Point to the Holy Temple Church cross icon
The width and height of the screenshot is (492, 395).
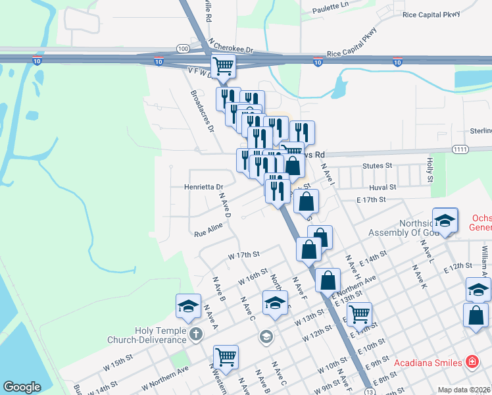click(x=195, y=334)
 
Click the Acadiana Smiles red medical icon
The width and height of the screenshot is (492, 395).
click(x=471, y=361)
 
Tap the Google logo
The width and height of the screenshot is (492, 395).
click(x=22, y=388)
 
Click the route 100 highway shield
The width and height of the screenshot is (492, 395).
click(x=183, y=49)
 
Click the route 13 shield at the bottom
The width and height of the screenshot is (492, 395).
click(x=371, y=392)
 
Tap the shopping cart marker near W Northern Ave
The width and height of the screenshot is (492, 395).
click(x=226, y=357)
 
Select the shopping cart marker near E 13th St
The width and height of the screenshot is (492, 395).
click(x=359, y=314)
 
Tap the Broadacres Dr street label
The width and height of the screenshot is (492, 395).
click(x=203, y=111)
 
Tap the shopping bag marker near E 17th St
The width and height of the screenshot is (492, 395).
click(x=307, y=201)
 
